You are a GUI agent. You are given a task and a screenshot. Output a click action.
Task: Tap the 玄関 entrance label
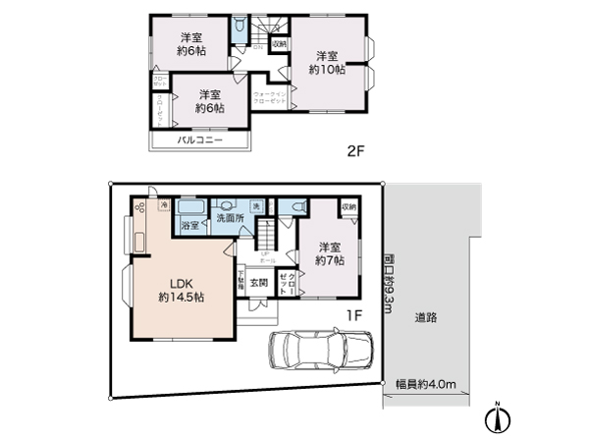(x=257, y=283)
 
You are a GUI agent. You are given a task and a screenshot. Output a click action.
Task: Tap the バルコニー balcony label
(x=199, y=141)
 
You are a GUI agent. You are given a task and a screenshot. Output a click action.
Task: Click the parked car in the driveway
(x=320, y=349)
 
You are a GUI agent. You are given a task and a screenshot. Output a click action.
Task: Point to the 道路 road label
(x=425, y=317)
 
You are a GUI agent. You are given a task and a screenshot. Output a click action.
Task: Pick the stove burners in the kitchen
(x=138, y=208)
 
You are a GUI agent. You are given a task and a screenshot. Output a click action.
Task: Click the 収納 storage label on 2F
(x=279, y=44)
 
